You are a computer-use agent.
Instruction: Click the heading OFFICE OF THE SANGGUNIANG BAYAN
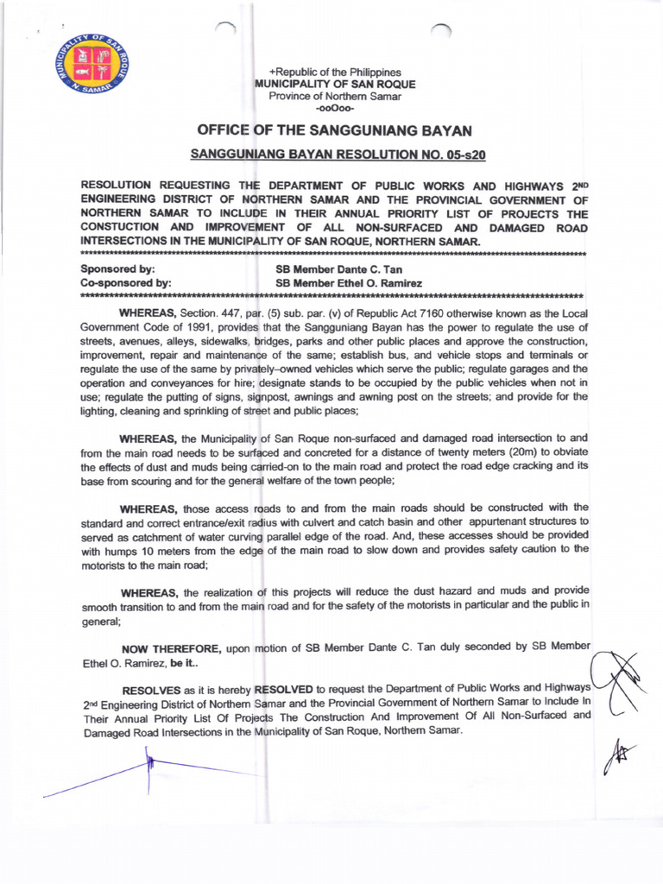coord(335,130)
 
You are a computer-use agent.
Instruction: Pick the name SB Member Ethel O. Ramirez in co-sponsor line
coord(349,282)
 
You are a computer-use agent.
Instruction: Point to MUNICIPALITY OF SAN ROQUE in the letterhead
coord(335,84)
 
